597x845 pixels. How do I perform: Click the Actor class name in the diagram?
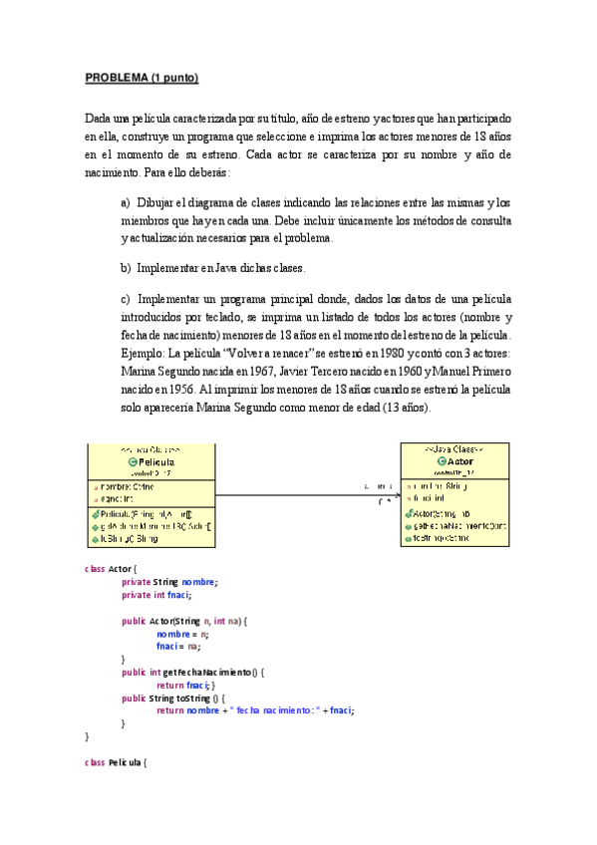tap(461, 462)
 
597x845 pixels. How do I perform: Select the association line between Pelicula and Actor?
tap(299, 495)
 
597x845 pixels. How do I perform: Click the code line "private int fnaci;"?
tap(155, 595)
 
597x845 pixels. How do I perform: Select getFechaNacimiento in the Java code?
tap(207, 673)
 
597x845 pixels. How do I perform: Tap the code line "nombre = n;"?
tap(182, 634)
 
